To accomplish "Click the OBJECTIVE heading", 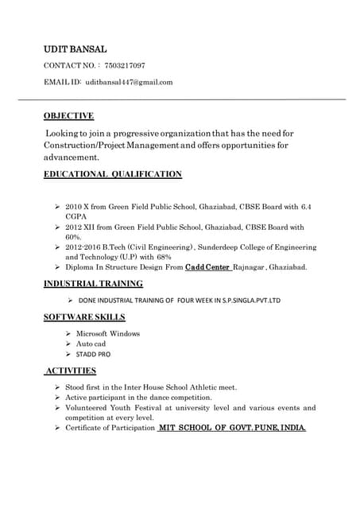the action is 68,115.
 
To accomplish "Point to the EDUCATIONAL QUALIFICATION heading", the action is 112,173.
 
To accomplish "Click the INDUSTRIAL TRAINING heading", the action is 93,283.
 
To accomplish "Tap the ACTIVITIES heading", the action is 71,371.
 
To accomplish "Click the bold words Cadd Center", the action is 207,267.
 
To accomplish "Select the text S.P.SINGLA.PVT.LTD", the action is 243,301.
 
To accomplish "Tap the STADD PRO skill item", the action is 93,353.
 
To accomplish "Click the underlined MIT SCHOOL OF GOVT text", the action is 205,428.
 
